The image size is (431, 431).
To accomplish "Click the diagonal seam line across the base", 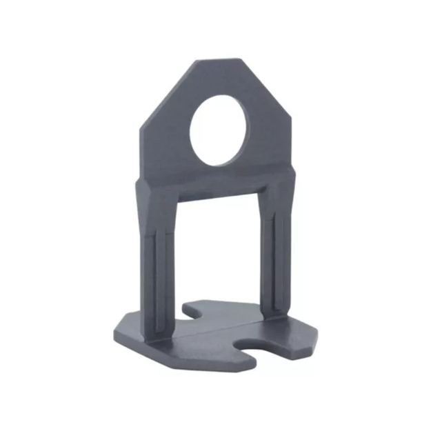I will (x=207, y=332).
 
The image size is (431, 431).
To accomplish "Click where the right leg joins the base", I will (x=276, y=314).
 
